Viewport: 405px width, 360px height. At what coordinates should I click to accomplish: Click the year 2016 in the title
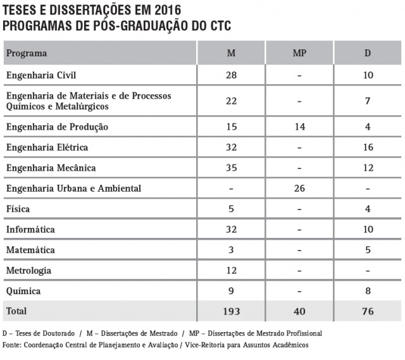163,10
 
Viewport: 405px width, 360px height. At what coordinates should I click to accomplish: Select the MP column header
299,53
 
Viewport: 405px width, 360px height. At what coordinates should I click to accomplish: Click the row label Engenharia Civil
41,75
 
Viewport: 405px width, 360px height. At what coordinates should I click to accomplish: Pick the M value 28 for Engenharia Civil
231,75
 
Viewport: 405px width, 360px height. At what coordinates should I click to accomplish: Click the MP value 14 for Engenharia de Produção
299,127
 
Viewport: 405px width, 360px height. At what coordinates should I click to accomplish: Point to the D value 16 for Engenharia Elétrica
368,147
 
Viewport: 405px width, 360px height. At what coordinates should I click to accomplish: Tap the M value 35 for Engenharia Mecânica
231,168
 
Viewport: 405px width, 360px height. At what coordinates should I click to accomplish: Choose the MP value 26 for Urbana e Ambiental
299,189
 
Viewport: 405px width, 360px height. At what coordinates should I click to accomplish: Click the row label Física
18,209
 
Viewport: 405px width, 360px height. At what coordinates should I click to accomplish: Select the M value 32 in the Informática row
231,229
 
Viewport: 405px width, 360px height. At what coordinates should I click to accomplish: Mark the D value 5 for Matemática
368,250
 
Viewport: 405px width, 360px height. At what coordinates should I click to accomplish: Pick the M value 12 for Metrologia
231,271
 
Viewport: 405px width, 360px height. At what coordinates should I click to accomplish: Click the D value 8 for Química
368,291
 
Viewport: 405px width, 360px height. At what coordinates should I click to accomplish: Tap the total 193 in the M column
231,311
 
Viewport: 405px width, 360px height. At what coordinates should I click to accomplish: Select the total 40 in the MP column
299,311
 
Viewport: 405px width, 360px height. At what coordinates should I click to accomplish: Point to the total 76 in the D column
368,311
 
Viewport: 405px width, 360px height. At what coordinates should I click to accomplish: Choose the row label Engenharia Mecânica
51,168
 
